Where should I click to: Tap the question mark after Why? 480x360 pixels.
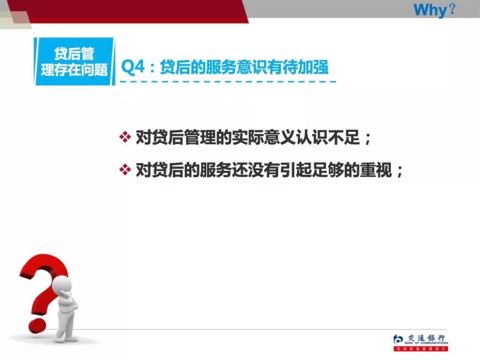(452, 9)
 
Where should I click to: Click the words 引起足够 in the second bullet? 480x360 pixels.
(316, 171)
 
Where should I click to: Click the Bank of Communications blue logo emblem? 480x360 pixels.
(399, 340)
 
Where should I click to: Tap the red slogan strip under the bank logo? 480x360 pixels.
(420, 349)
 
